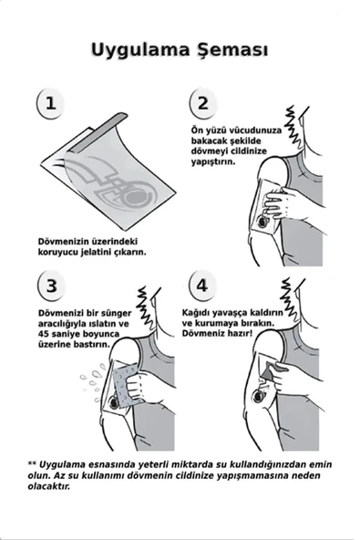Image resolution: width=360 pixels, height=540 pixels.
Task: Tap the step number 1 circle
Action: click(51, 102)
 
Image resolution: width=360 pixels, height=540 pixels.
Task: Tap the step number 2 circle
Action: click(202, 103)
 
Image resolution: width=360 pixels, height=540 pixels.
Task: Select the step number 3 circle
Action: click(51, 286)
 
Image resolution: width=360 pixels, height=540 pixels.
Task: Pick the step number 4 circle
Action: click(202, 286)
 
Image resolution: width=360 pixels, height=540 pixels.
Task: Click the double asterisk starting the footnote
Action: click(32, 463)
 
